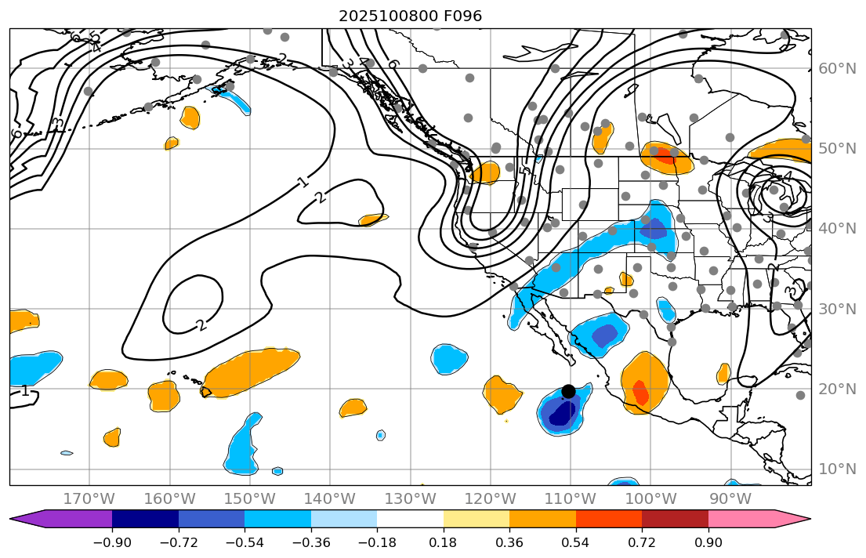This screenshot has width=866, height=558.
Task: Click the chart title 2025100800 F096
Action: tap(410, 16)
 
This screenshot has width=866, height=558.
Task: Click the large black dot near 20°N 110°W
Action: tap(569, 391)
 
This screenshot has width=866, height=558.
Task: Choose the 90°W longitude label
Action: tap(730, 498)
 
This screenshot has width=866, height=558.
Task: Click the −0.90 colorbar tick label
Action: tap(112, 543)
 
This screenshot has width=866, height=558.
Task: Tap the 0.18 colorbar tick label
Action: tap(444, 543)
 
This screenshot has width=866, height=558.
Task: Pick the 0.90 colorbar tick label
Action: tap(708, 543)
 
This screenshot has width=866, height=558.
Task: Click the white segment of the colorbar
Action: tap(410, 518)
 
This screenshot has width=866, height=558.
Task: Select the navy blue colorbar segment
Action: tap(145, 518)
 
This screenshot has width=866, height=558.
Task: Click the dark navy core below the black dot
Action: tap(561, 414)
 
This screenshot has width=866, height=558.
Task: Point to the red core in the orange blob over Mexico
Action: tap(640, 391)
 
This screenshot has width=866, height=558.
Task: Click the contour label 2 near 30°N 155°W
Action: tap(201, 324)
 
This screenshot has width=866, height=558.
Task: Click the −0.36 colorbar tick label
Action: tap(311, 543)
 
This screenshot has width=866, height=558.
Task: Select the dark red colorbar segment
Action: tap(675, 518)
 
